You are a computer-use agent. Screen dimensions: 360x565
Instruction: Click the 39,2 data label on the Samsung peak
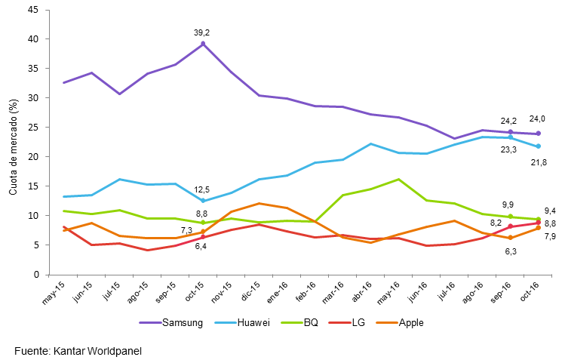pyautogui.click(x=202, y=32)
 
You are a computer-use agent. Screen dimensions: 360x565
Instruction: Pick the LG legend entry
pyautogui.click(x=357, y=323)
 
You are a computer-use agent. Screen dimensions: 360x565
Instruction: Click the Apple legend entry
pyautogui.click(x=410, y=323)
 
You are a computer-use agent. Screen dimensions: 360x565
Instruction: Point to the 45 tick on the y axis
pyautogui.click(x=34, y=10)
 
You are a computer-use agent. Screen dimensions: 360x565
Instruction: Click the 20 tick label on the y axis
pyautogui.click(x=34, y=157)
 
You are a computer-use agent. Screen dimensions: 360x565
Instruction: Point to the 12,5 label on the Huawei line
pyautogui.click(x=202, y=189)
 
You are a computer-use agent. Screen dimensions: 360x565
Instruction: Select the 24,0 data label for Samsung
pyautogui.click(x=537, y=118)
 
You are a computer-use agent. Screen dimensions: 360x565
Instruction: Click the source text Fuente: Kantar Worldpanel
pyautogui.click(x=78, y=350)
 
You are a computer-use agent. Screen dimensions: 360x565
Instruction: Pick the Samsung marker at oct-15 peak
pyautogui.click(x=203, y=44)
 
